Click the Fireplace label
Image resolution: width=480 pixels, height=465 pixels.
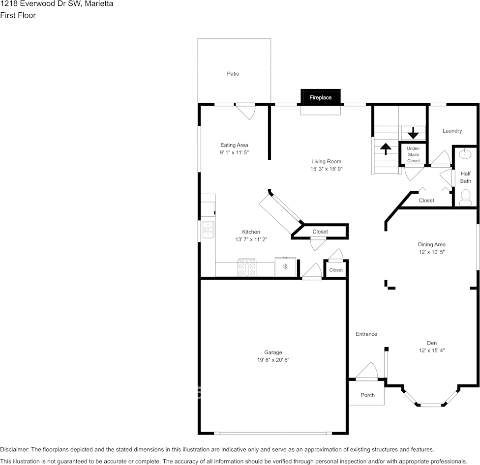click(320, 98)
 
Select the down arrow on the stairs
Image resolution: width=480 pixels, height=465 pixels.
click(413, 132)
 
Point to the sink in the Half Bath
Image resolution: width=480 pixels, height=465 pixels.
click(465, 154)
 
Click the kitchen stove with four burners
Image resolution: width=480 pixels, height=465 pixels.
click(247, 267)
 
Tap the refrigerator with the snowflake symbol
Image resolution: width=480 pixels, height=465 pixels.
click(285, 267)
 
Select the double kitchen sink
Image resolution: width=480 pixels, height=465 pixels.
click(208, 229)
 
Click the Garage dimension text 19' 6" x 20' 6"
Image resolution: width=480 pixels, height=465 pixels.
click(273, 360)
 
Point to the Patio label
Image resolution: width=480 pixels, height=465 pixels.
click(233, 74)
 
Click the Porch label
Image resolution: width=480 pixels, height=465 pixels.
click(367, 395)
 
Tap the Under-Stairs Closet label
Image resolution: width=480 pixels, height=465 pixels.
click(413, 154)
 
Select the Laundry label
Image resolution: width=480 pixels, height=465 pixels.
click(452, 131)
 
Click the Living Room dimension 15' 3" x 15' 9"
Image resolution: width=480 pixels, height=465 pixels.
click(326, 169)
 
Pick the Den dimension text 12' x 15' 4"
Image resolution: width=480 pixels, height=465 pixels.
click(431, 350)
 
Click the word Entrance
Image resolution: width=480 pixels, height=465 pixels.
click(366, 334)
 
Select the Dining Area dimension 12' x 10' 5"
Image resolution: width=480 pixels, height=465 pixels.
click(432, 252)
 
